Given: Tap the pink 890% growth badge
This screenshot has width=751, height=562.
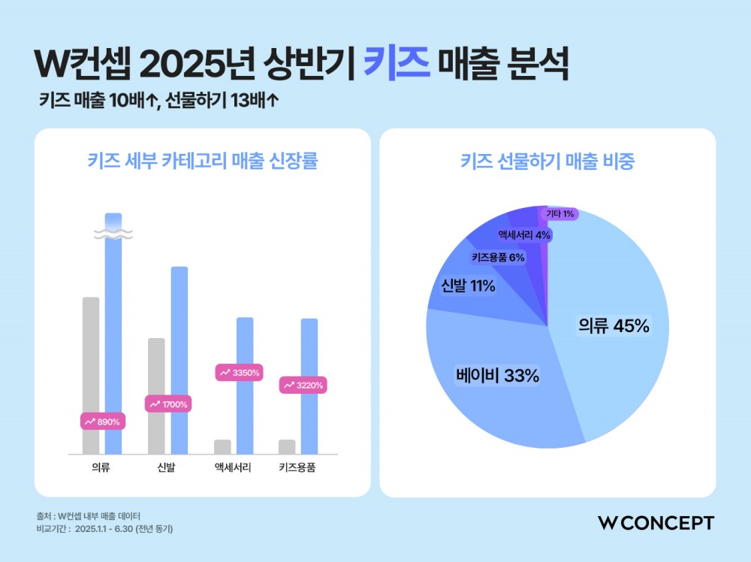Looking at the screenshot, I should point(101,421).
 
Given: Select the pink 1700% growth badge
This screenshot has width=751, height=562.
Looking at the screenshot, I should point(167,404).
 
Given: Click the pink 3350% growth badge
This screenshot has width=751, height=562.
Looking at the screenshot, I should point(239,372).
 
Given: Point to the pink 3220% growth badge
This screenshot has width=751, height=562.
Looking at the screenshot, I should point(303,385).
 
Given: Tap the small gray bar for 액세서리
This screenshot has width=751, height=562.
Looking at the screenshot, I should point(222,446).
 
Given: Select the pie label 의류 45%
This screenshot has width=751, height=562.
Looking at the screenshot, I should point(613,326).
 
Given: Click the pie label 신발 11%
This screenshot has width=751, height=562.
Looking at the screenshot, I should point(468,286).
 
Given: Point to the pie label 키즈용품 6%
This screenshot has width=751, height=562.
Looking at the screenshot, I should point(498,257).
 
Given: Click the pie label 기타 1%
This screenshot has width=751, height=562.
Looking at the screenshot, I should point(560,214).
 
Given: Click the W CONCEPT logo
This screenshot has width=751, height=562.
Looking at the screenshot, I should point(656,523).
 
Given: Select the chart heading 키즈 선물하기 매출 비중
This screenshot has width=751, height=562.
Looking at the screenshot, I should point(547,162).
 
